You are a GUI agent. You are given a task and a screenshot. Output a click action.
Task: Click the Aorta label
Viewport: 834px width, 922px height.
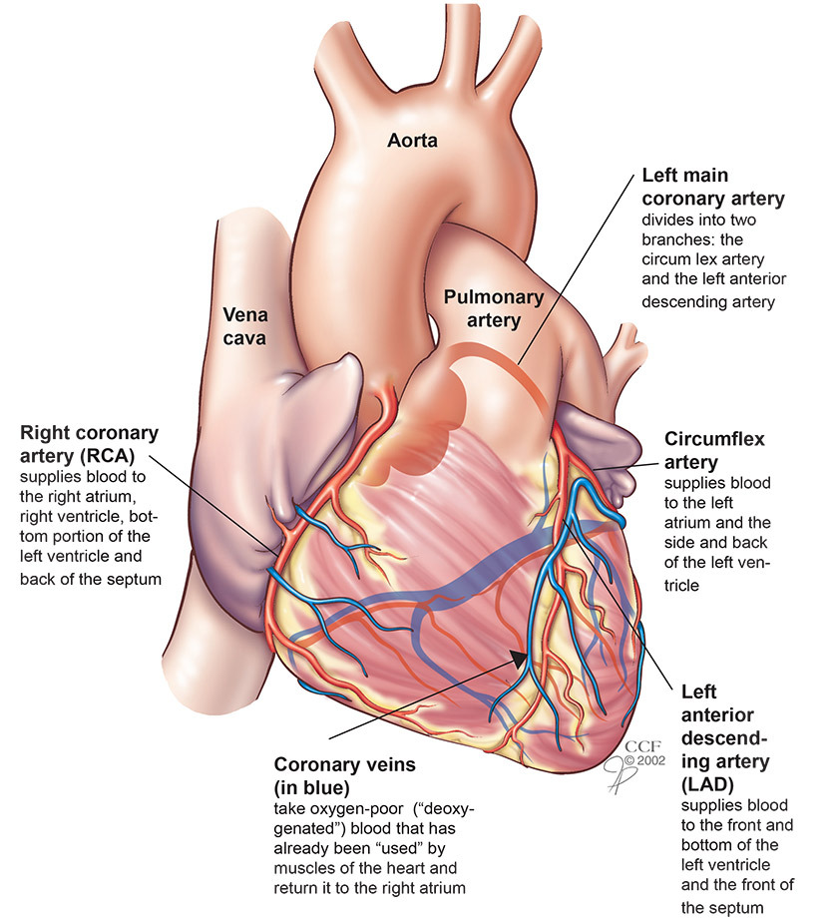[x=413, y=142]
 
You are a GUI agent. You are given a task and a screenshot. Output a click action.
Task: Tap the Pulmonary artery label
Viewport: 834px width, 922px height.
[x=495, y=308]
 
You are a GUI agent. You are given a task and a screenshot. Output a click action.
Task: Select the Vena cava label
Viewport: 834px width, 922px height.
[x=245, y=326]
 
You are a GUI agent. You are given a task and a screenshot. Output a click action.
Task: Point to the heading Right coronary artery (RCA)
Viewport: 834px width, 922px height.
[x=89, y=445]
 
